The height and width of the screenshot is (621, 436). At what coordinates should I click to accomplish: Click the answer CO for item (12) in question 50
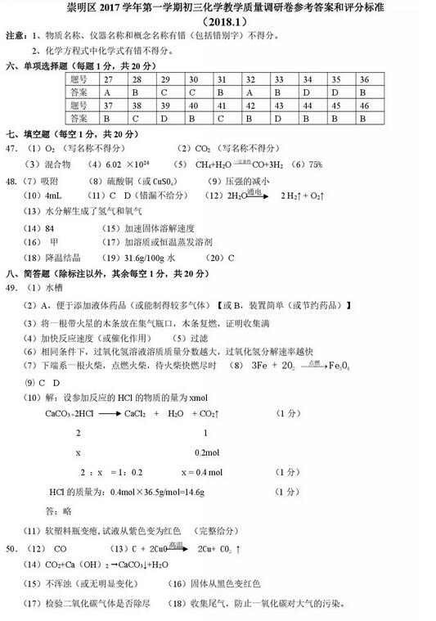click(x=60, y=547)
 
